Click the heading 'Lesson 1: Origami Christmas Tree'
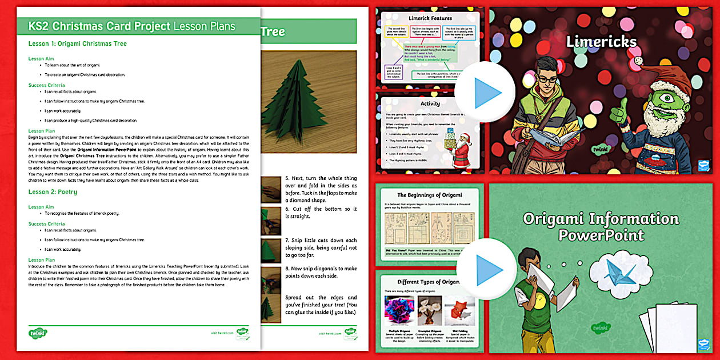[78, 44]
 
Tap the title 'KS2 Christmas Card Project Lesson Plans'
[131, 26]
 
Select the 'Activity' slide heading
[430, 103]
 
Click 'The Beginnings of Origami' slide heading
[430, 195]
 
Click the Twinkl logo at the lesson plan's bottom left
[38, 332]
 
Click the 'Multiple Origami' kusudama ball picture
[399, 310]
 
